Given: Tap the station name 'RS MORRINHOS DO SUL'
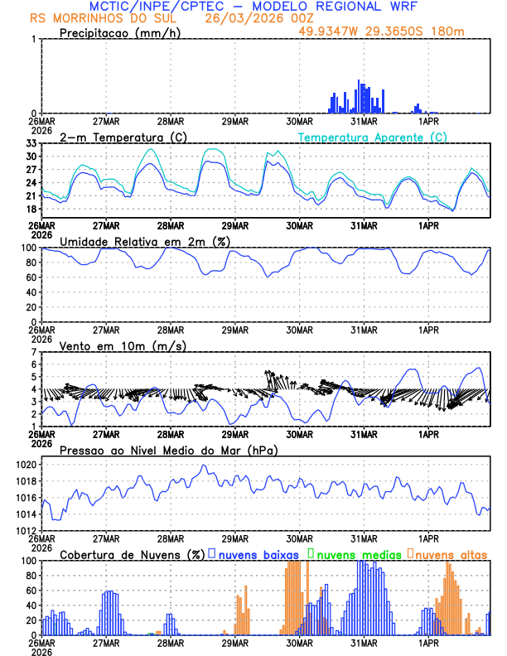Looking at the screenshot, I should click(98, 18).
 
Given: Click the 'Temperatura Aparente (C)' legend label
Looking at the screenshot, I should click(372, 137).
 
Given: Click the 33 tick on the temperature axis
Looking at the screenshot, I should click(30, 143).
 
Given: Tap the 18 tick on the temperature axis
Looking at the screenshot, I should click(30, 209).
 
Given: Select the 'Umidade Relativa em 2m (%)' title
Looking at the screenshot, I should click(145, 241).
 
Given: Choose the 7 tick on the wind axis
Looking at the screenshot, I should click(33, 351).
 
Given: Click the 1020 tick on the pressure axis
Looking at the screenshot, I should click(25, 465).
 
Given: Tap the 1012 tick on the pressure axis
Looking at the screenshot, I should click(25, 530).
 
